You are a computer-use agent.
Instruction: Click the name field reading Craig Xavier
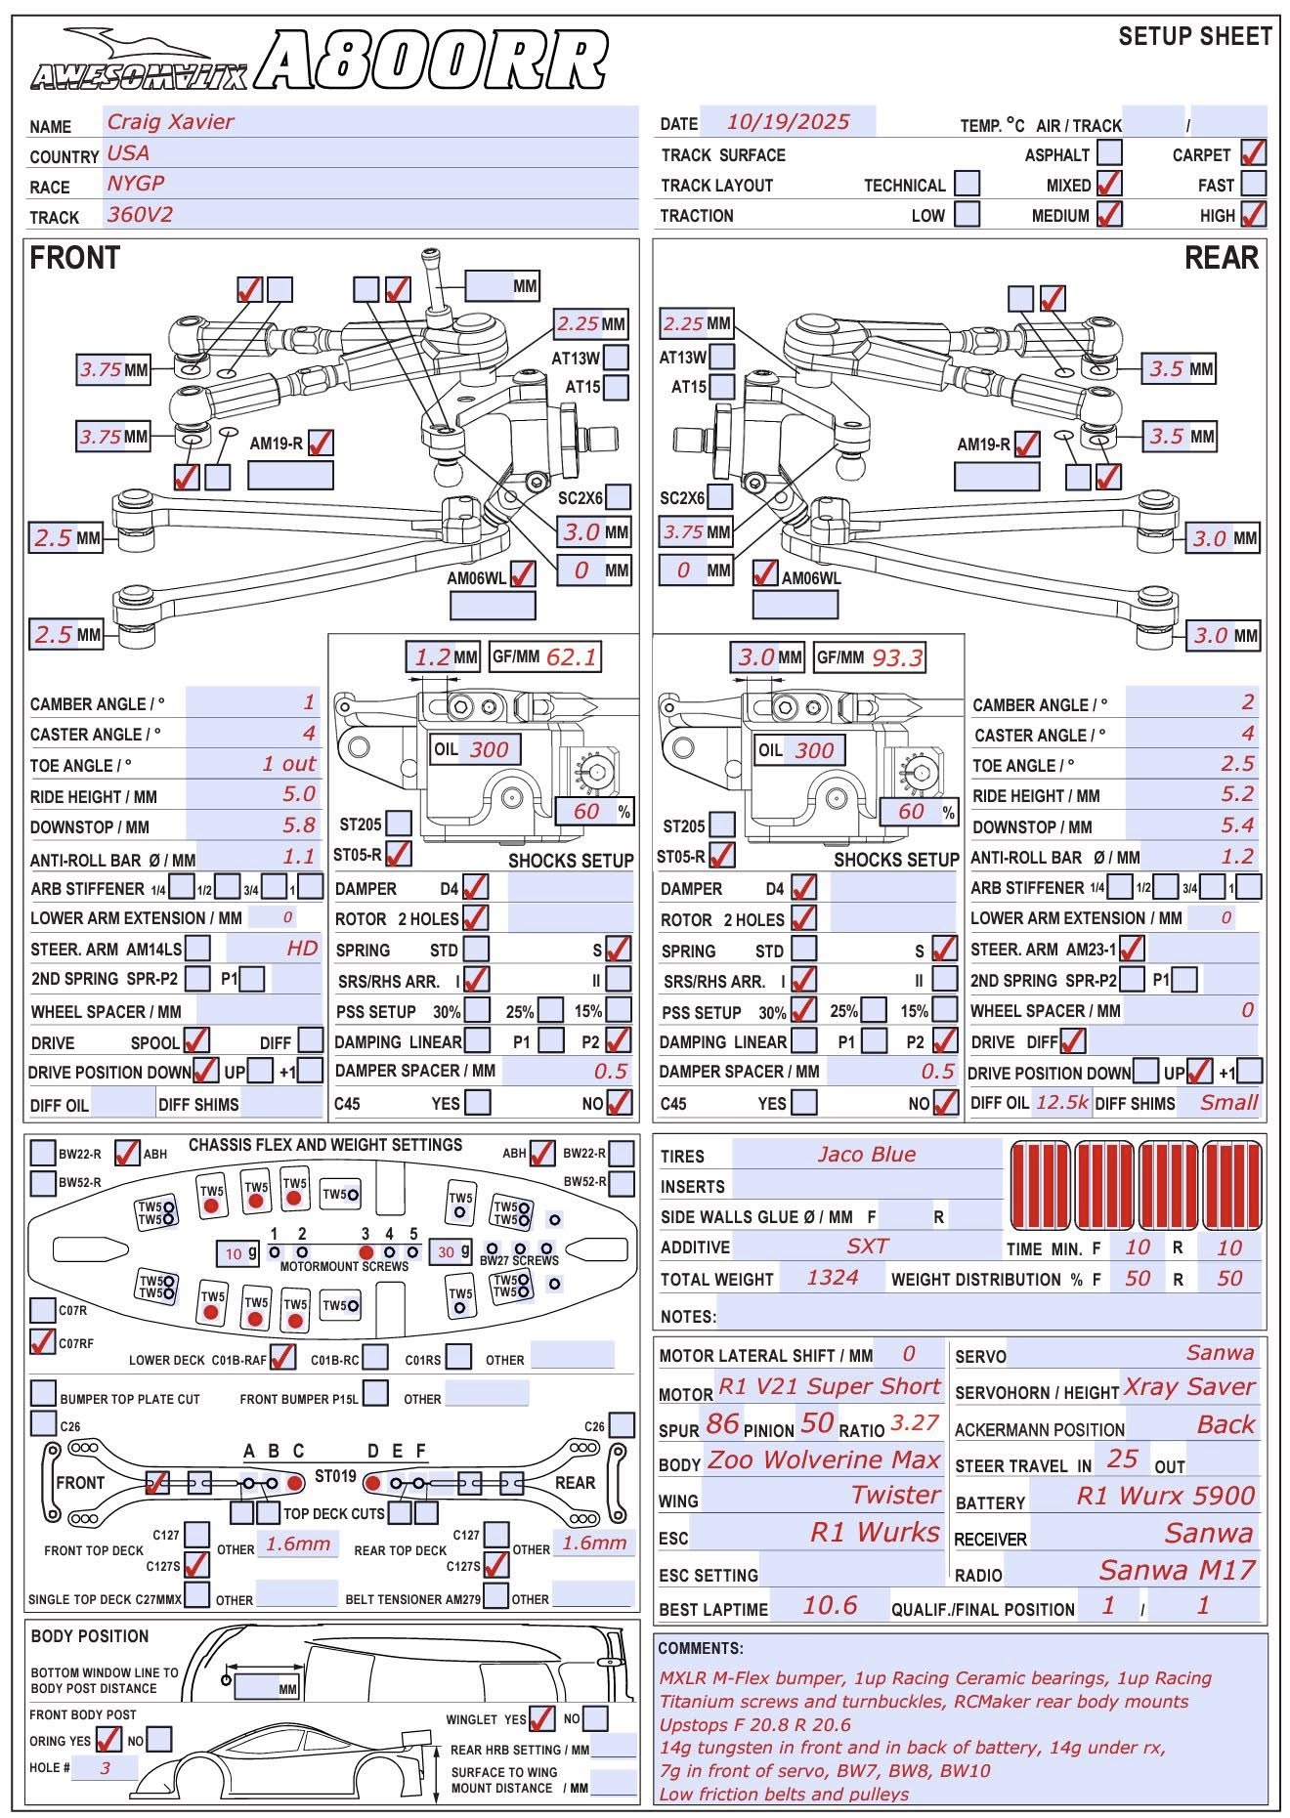[x=171, y=122]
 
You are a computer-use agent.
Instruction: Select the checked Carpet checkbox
[x=1253, y=153]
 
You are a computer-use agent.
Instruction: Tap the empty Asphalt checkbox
[x=1109, y=153]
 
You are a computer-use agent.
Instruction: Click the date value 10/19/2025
[x=788, y=122]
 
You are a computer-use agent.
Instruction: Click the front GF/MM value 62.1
[x=571, y=657]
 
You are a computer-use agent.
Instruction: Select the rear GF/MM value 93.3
[x=896, y=657]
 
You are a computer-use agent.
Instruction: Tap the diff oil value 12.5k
[x=1061, y=1102]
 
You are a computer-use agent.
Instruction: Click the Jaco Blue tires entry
[x=867, y=1155]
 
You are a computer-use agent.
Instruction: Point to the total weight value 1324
[x=833, y=1278]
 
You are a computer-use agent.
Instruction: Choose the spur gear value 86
[x=722, y=1423]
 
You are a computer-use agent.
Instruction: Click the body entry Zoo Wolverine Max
[x=824, y=1460]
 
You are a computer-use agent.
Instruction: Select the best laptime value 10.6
[x=830, y=1605]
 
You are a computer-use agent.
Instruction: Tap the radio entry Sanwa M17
[x=1177, y=1570]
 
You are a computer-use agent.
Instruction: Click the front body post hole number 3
[x=105, y=1767]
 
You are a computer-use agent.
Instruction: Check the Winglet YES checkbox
[x=541, y=1718]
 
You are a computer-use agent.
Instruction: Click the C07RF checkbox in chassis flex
[x=42, y=1341]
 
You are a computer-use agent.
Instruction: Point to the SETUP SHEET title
[x=1194, y=37]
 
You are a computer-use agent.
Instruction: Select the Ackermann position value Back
[x=1225, y=1424]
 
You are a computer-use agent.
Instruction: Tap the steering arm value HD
[x=302, y=948]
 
